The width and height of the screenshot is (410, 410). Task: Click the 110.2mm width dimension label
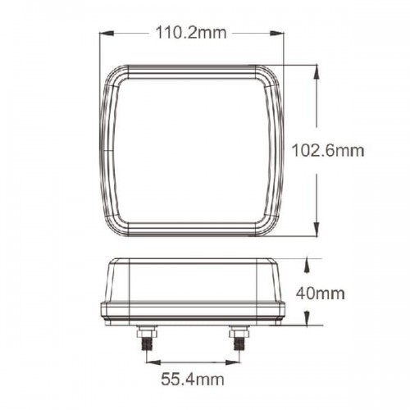[191, 33]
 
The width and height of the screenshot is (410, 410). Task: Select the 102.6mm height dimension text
[328, 151]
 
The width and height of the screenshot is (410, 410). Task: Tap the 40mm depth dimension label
[321, 294]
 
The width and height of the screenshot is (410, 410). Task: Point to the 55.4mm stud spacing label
[193, 380]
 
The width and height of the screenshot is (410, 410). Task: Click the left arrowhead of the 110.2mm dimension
[107, 33]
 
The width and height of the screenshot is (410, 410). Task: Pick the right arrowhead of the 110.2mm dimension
[276, 33]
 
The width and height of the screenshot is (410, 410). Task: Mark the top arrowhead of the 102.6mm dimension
[317, 71]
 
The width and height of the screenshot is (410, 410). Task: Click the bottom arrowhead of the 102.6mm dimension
[317, 229]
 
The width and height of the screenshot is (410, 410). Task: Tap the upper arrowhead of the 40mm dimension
[307, 265]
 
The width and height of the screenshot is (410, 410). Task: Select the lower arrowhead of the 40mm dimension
[307, 318]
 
